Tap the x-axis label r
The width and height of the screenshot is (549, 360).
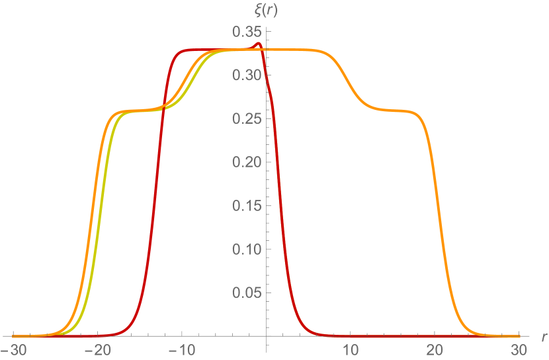pyautogui.click(x=544, y=337)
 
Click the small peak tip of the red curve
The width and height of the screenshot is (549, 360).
pyautogui.click(x=258, y=44)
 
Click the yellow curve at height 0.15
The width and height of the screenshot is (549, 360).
pyautogui.click(x=97, y=206)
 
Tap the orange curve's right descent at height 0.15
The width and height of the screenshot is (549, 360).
pyautogui.click(x=441, y=206)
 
